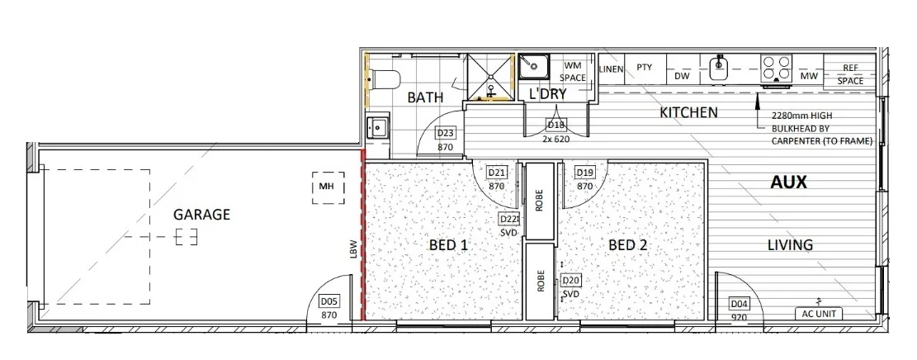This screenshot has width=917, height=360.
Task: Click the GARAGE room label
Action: [x=201, y=215]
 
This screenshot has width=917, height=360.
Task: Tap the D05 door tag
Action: [x=329, y=301]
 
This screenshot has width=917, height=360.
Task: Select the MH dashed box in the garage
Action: [x=328, y=188]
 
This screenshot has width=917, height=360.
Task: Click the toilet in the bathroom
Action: [x=386, y=79]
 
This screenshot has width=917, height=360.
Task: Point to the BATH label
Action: [x=425, y=97]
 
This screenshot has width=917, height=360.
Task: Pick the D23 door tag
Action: [x=446, y=134]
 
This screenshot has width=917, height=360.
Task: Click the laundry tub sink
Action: [x=534, y=68]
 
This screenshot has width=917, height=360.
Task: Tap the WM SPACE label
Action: [x=573, y=71]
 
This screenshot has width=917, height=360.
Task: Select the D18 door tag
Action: [x=555, y=126]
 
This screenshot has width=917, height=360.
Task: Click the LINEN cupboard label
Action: [x=611, y=69]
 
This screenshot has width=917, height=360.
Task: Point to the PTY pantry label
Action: [x=644, y=68]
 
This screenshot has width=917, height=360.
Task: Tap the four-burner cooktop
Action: [x=776, y=68]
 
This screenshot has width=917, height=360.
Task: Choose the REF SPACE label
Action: [x=850, y=74]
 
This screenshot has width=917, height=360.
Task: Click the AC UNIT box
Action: [x=819, y=314]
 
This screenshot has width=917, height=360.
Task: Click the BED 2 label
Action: [x=628, y=244]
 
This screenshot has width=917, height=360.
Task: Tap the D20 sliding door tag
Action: [x=570, y=281]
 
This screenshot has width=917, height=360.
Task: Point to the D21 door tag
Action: [x=497, y=173]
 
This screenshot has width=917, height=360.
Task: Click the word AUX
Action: [x=788, y=182]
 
